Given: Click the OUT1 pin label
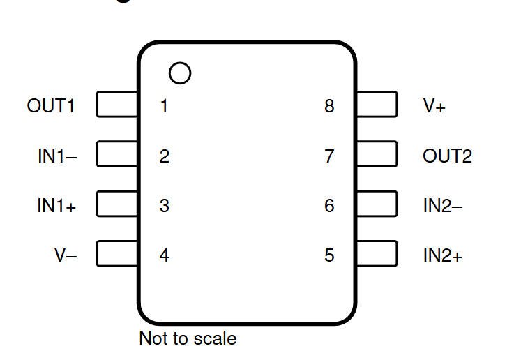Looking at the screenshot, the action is point(51,106).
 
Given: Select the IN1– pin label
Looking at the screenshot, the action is point(57,156).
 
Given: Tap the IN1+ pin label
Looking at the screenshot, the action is point(56,206).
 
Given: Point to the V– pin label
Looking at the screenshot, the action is point(66,255).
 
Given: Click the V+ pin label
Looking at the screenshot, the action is point(434,106).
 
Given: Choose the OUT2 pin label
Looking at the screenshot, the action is point(448,156).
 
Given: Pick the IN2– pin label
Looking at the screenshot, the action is point(443,206).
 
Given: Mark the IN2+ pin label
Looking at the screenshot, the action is point(443,255).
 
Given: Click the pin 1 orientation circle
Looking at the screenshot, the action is point(180,62).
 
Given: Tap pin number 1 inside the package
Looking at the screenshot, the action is point(165,106).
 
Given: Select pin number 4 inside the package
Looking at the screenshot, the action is point(164,255).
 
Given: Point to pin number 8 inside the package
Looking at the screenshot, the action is point(329,106).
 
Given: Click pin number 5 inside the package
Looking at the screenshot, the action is point(329,255).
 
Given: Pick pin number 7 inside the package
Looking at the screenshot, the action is point(329,156).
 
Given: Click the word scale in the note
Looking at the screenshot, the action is point(215,338).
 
